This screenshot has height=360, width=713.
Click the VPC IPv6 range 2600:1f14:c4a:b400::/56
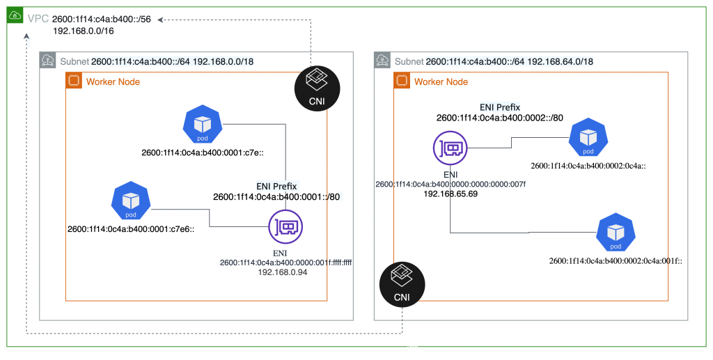point(102,19)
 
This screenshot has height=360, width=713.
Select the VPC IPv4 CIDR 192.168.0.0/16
point(84,31)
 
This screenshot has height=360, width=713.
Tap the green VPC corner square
point(15,15)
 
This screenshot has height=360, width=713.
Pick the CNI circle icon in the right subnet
point(402,284)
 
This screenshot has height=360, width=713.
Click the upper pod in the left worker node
point(203,125)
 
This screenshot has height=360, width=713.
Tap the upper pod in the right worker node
point(588,137)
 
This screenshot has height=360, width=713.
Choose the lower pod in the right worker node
point(616,233)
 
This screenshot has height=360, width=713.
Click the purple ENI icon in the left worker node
point(285,226)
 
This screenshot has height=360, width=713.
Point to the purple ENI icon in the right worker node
point(450,148)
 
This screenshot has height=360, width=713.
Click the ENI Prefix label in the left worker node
point(276,186)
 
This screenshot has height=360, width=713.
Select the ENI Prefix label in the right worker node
point(500,107)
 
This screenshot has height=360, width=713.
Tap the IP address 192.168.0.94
point(282,272)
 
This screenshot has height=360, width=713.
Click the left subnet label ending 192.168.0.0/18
point(172,61)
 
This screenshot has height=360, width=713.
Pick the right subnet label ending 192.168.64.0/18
point(509,61)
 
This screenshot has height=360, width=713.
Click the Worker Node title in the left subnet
point(113,82)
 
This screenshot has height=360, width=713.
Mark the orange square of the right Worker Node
point(402,81)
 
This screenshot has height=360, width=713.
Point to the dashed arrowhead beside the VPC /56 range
point(160,19)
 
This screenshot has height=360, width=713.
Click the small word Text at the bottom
point(412,347)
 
